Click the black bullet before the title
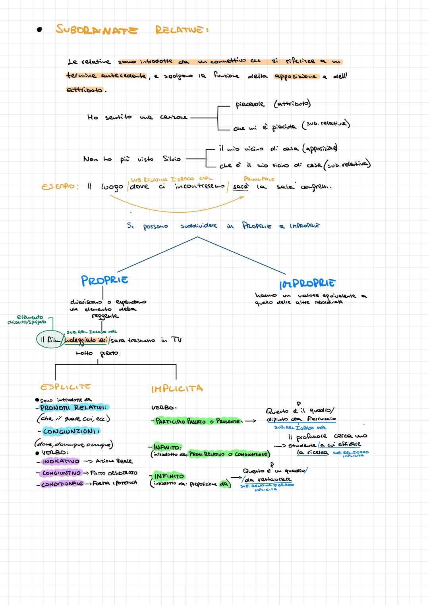[39, 30]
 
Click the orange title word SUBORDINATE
[97, 30]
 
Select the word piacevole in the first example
[250, 104]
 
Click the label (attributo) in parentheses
[292, 104]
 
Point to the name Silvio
[172, 159]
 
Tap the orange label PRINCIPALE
[259, 179]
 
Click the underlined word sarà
[240, 186]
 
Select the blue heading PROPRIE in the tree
[104, 280]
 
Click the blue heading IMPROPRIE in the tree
[307, 283]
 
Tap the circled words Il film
[50, 340]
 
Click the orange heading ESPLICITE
[66, 386]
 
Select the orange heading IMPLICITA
[177, 388]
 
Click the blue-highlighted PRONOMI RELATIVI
[74, 407]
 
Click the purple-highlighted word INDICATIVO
[61, 461]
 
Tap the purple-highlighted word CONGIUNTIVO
[61, 473]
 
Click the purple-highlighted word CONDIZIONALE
[62, 484]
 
